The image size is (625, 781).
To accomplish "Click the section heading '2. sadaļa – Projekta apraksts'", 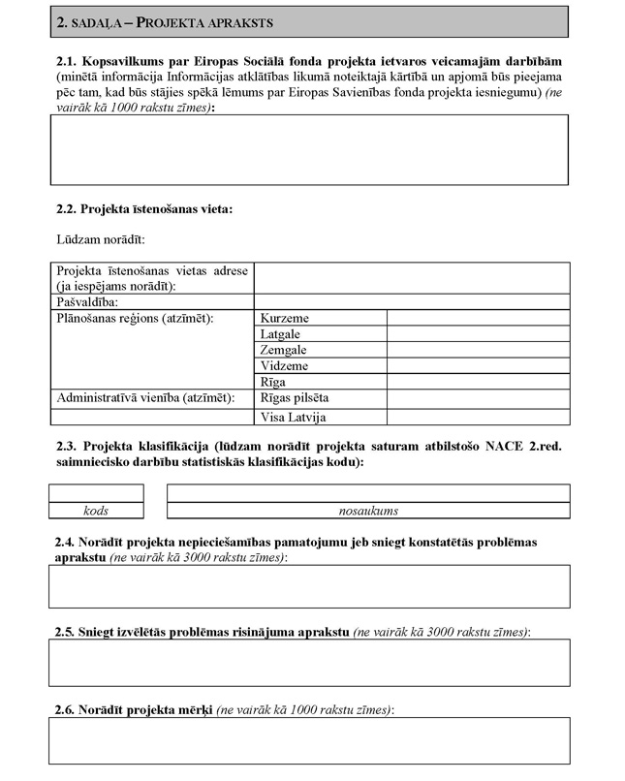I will click(x=164, y=20).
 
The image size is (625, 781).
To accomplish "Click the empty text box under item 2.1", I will click(x=309, y=149).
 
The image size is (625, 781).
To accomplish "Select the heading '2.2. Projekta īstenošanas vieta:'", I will click(x=145, y=208).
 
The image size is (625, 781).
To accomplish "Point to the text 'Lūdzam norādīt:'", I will click(x=101, y=238).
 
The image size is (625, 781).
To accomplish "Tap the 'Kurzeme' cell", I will click(x=285, y=318).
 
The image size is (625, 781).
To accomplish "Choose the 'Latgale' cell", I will click(x=281, y=334).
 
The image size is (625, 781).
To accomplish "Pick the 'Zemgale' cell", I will click(x=283, y=350).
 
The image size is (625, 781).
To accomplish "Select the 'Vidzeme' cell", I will click(x=284, y=366).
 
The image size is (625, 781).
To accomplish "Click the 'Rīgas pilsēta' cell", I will click(x=295, y=398).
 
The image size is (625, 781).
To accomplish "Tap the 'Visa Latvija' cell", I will click(x=293, y=417).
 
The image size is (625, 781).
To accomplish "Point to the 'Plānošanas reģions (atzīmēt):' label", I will click(x=135, y=318).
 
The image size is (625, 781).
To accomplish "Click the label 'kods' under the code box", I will click(x=96, y=511).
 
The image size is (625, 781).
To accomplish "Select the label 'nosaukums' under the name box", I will click(x=368, y=511).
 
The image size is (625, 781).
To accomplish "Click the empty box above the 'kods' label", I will click(x=96, y=493).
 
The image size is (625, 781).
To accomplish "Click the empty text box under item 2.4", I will click(x=309, y=586).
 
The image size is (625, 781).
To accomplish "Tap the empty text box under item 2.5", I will click(x=309, y=663).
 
